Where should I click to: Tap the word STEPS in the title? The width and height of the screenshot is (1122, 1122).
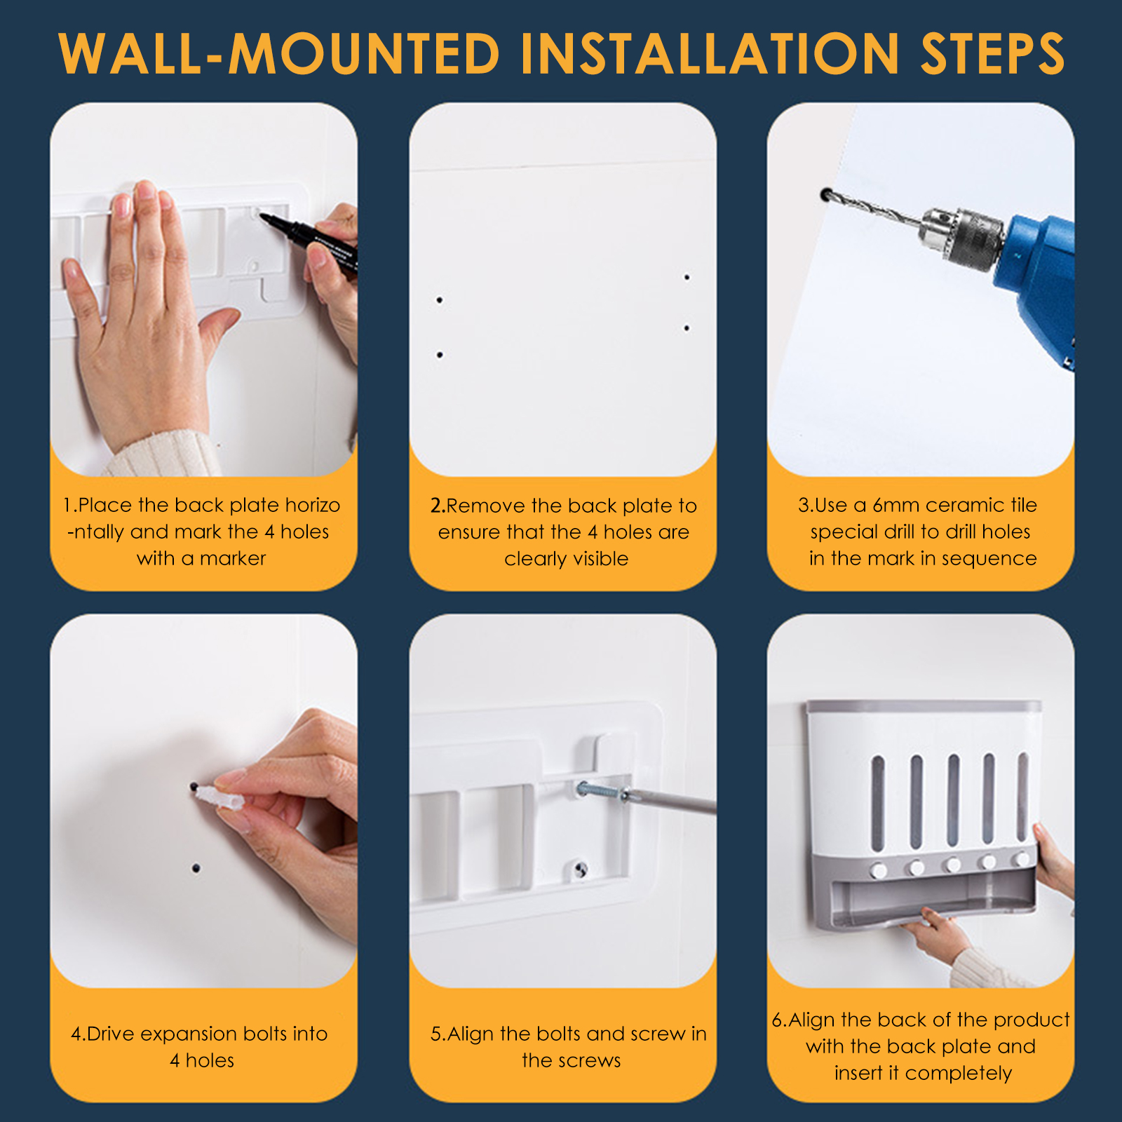click(x=993, y=53)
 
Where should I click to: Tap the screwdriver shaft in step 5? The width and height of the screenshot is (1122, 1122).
click(x=670, y=803)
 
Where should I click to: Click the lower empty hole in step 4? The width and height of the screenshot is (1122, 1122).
click(x=196, y=869)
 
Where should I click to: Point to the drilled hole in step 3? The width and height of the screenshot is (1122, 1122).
click(x=827, y=194)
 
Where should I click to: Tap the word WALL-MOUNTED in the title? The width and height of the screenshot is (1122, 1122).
click(x=279, y=53)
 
